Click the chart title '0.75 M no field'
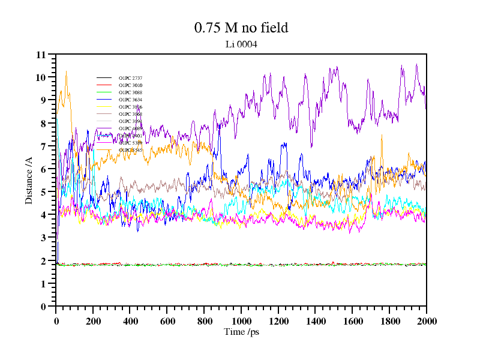241,28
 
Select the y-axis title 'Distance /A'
29,180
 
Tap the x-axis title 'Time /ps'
241,332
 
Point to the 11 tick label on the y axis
41,55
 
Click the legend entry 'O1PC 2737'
130,78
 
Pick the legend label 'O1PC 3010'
130,85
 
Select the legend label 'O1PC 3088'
130,92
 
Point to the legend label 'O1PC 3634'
130,100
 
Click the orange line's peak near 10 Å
66,72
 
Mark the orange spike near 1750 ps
382,136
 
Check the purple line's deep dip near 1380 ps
311,146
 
